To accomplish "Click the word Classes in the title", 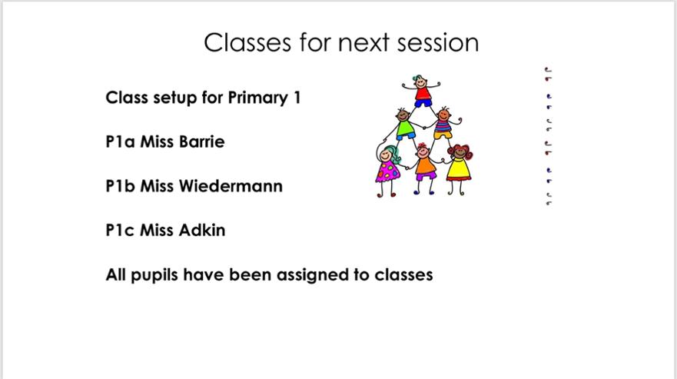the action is (x=247, y=42).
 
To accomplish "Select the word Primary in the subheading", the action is (x=257, y=98).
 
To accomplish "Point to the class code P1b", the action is (x=121, y=186).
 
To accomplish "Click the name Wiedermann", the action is (x=231, y=186).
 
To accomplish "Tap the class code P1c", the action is (x=120, y=230).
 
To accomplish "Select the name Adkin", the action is (x=202, y=230).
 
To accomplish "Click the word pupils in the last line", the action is (x=154, y=275).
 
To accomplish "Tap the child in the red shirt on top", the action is (x=421, y=91).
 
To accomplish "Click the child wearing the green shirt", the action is (x=404, y=125).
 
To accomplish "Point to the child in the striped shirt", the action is (x=443, y=124).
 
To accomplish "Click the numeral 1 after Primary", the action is (x=297, y=98).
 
